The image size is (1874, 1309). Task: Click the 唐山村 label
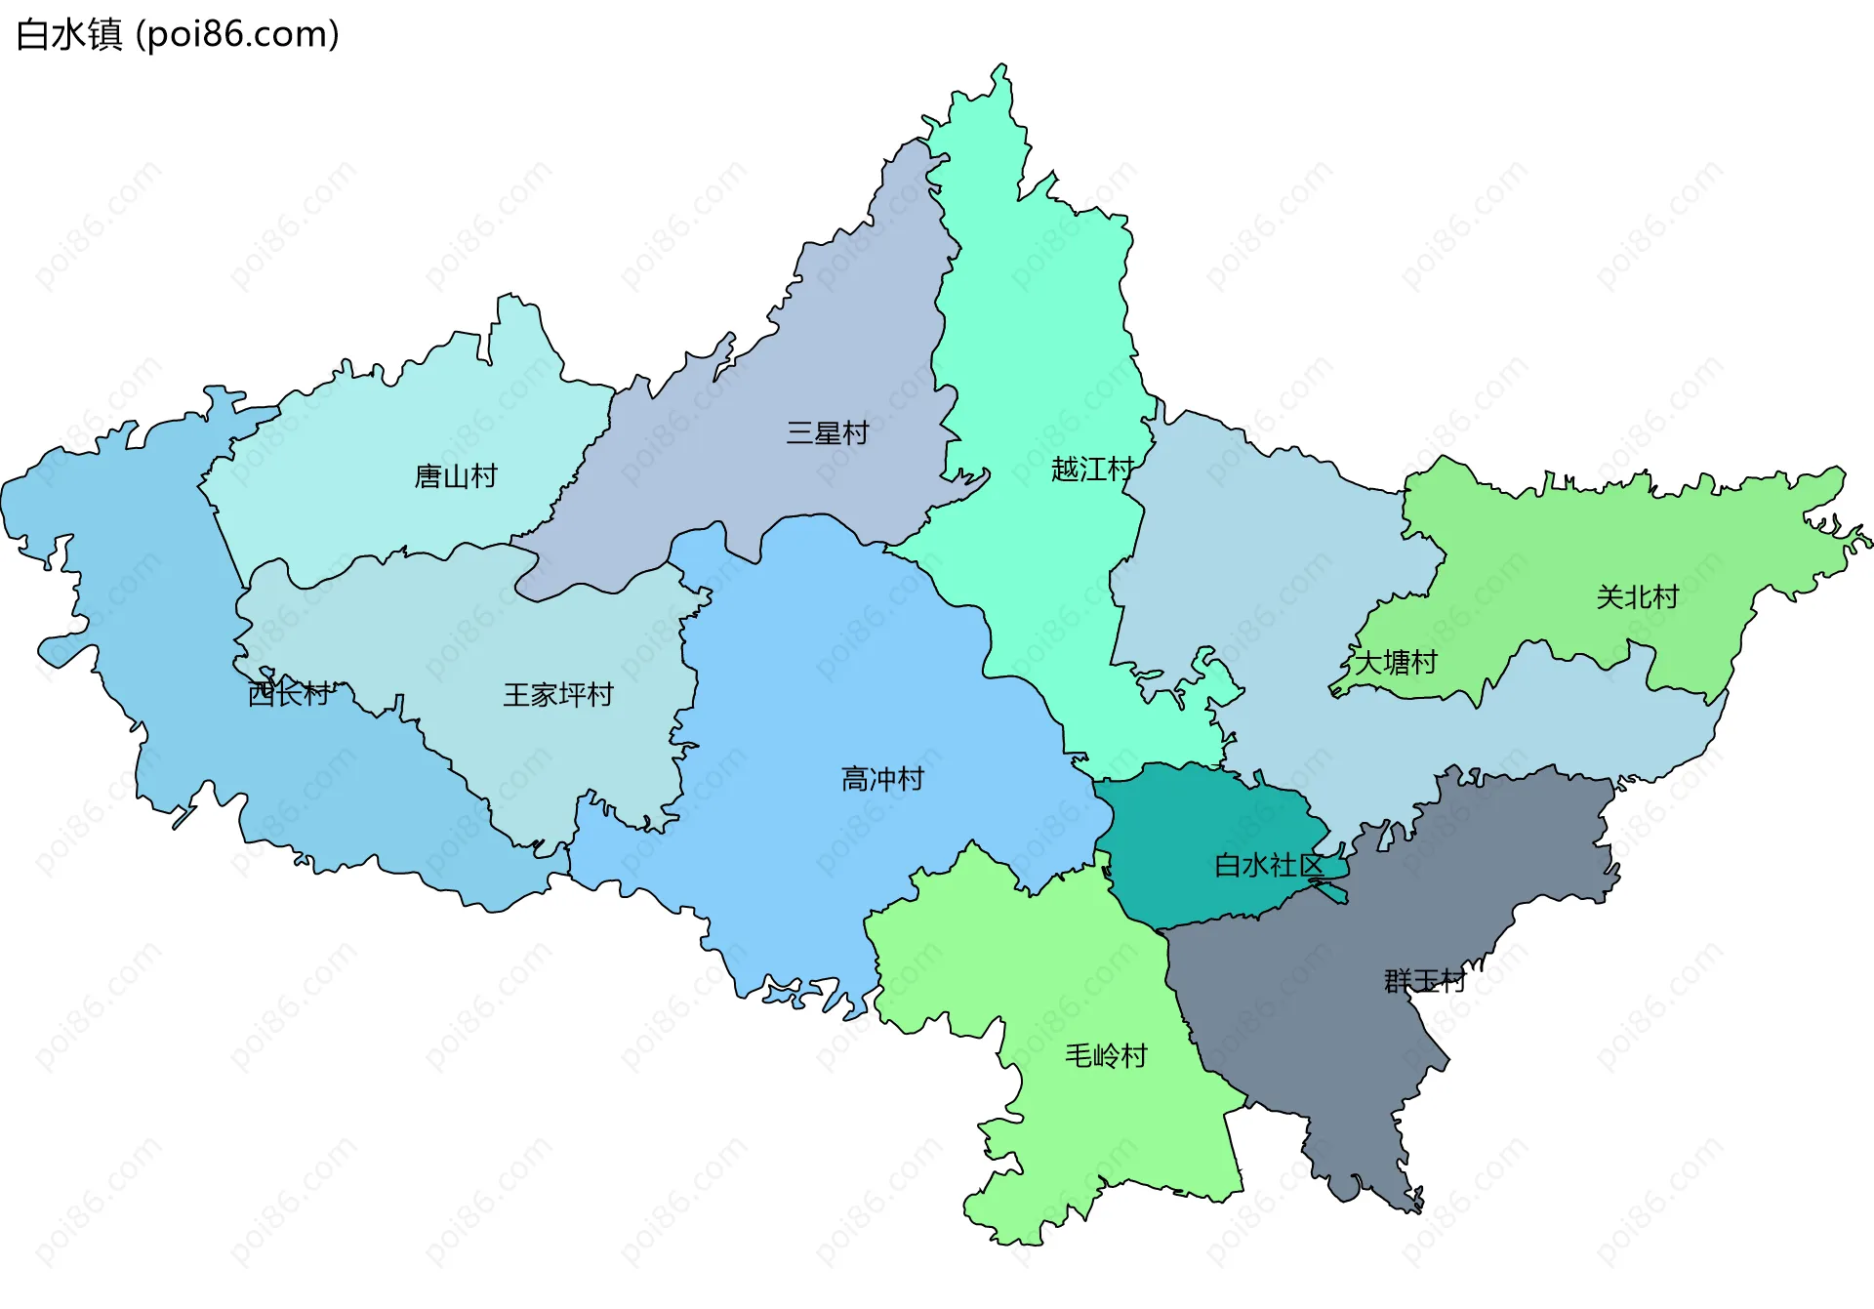coord(456,476)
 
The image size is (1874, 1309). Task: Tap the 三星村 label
coord(828,433)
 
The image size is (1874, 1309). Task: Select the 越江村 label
coord(1091,470)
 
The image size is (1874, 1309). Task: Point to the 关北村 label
coord(1637,596)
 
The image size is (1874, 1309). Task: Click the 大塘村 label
coord(1396,663)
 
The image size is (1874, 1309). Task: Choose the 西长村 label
coord(289,694)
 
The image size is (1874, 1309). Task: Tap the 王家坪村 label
coord(557,695)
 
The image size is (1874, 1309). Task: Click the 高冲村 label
coord(882,779)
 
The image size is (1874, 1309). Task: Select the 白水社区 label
coord(1268,865)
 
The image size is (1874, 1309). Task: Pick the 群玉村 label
coord(1424,981)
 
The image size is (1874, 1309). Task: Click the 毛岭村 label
coord(1106,1056)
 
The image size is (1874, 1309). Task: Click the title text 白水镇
coord(69,35)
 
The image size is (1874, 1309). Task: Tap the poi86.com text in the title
coord(237,35)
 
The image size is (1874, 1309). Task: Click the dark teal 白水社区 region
coord(1201,830)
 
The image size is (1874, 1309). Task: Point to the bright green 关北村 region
coord(1562,547)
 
